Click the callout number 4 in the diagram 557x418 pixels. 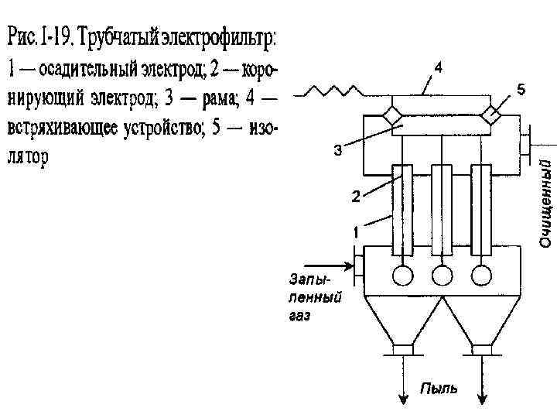coord(438,69)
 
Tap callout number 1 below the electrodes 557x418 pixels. coord(355,231)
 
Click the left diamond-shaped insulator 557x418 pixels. coord(393,116)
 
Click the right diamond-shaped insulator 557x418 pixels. coord(490,116)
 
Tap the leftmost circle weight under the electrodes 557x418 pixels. coord(402,275)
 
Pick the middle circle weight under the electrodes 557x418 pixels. coord(441,275)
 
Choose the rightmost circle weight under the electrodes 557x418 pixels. coord(481,275)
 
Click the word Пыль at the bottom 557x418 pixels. coord(439,388)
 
